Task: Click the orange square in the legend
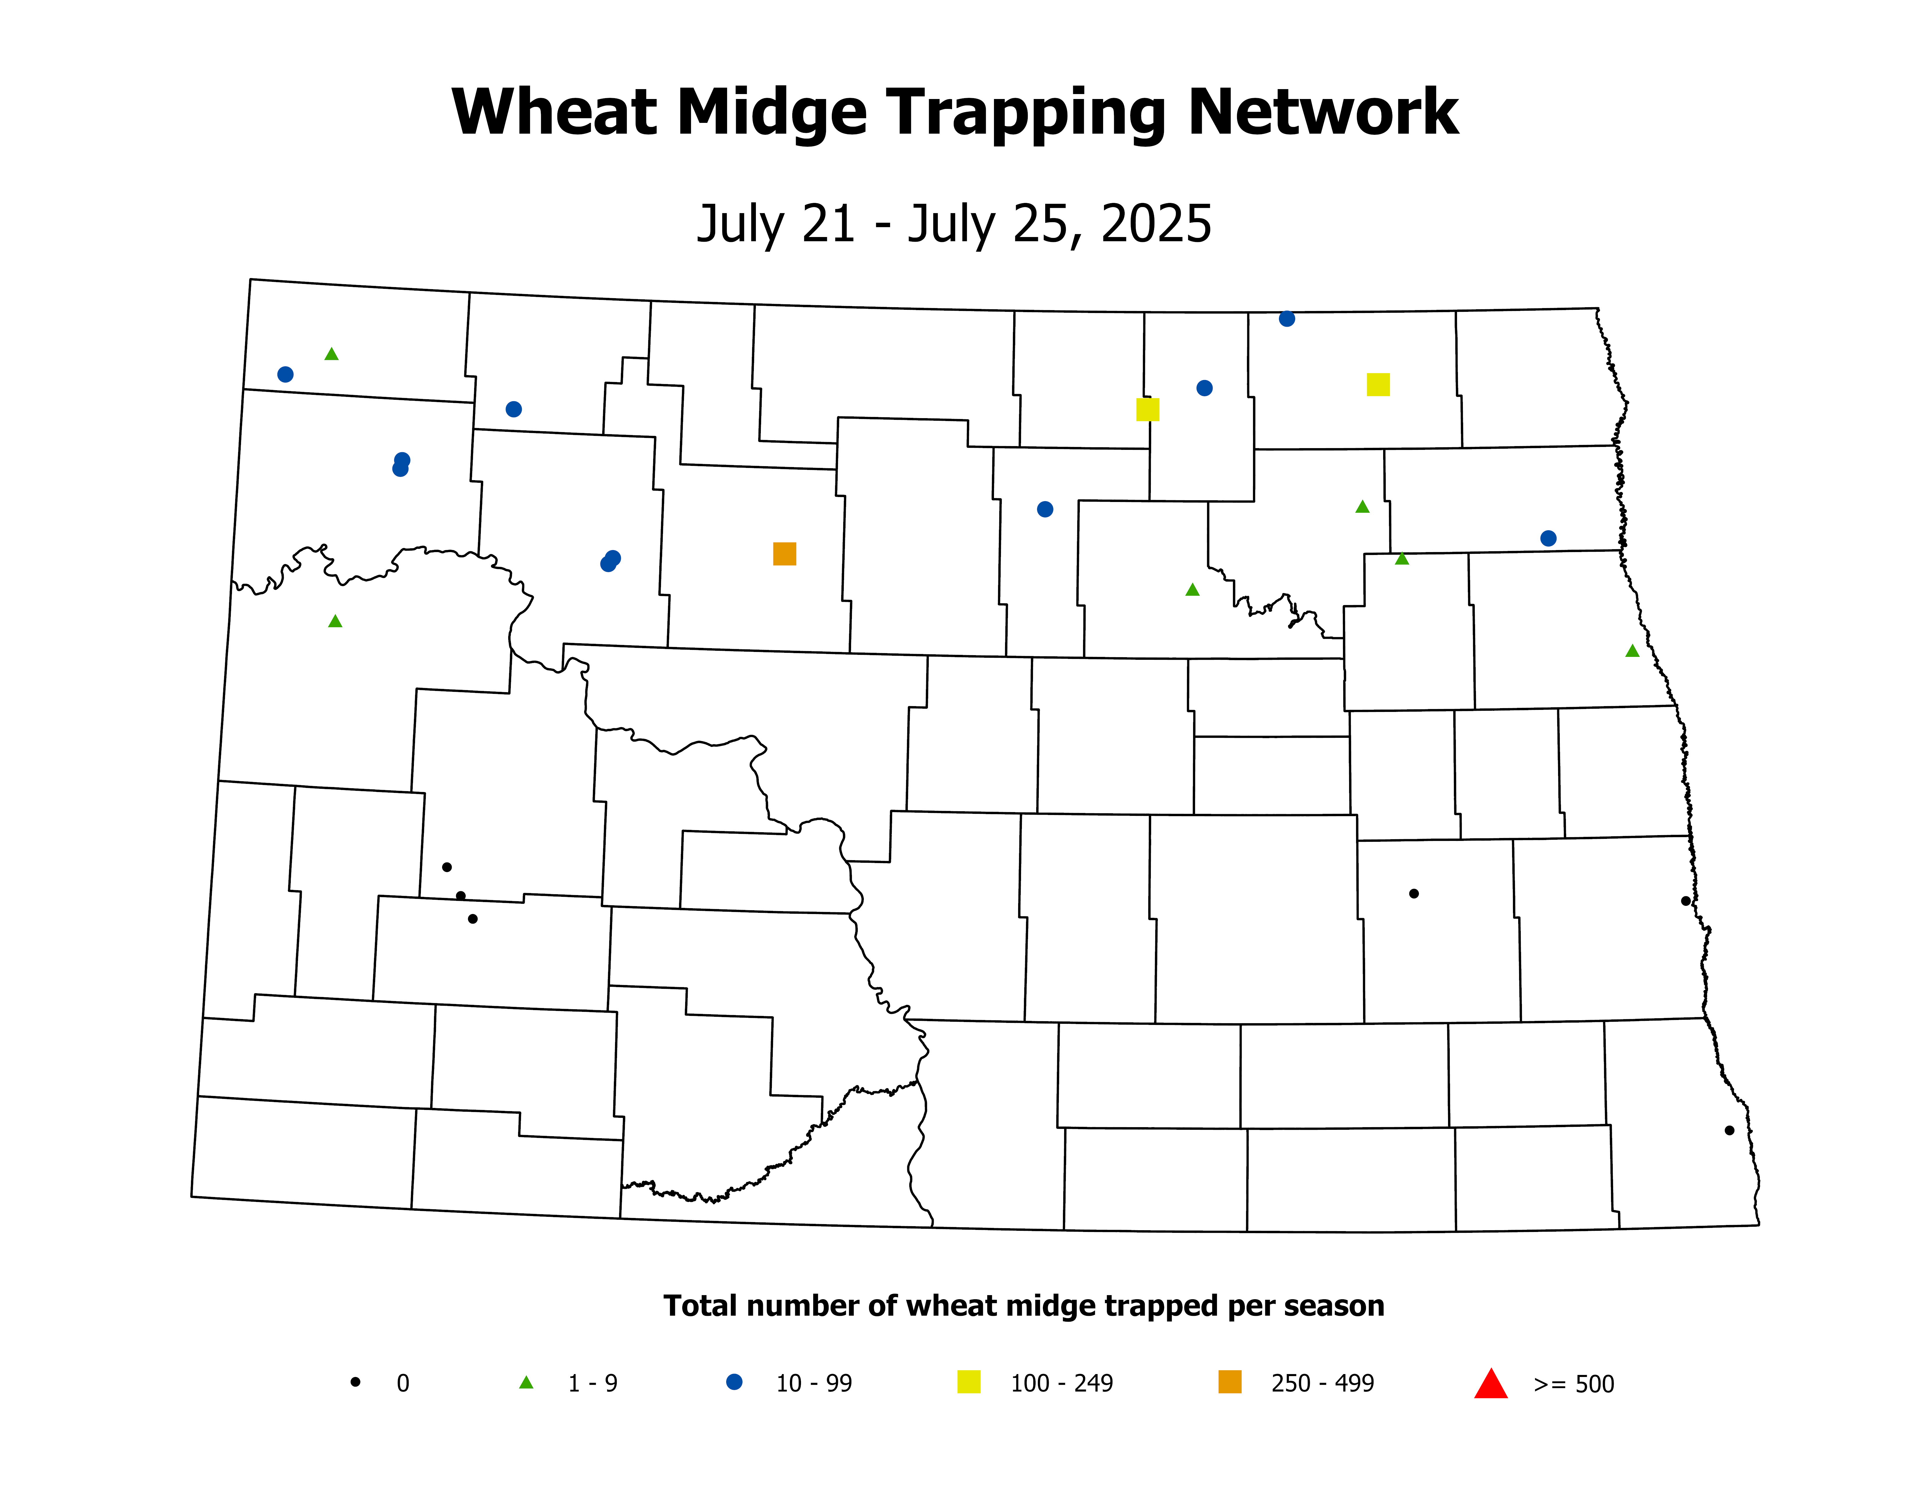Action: (1230, 1382)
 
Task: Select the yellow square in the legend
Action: (968, 1382)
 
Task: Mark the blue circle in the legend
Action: (733, 1382)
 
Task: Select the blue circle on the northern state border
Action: (1287, 319)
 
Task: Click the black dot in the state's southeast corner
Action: (1729, 1130)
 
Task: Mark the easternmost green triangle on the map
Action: (1633, 651)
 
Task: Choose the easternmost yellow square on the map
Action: (1378, 384)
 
